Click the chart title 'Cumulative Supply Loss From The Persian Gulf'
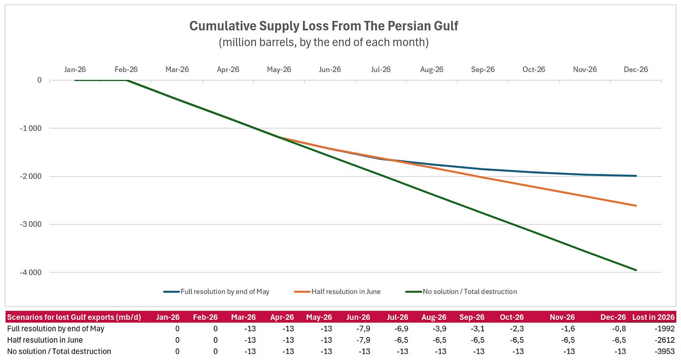coord(324,26)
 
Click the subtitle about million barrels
coord(324,42)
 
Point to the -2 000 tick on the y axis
coord(31,176)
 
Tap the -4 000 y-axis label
coord(31,272)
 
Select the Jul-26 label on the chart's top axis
coord(381,70)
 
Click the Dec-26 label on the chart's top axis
coord(636,70)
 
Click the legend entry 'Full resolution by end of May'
coord(217,292)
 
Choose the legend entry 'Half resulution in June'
coord(338,292)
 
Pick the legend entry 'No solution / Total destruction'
coord(461,292)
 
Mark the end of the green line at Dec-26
coord(636,270)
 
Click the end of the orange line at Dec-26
coord(636,206)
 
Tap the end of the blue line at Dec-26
coord(636,176)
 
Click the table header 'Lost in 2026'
coord(653,317)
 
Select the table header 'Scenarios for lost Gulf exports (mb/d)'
coord(74,317)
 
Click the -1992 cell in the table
coord(665,329)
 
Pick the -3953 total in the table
coord(665,352)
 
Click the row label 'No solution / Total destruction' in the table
coord(59,352)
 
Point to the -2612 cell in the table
coord(665,340)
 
